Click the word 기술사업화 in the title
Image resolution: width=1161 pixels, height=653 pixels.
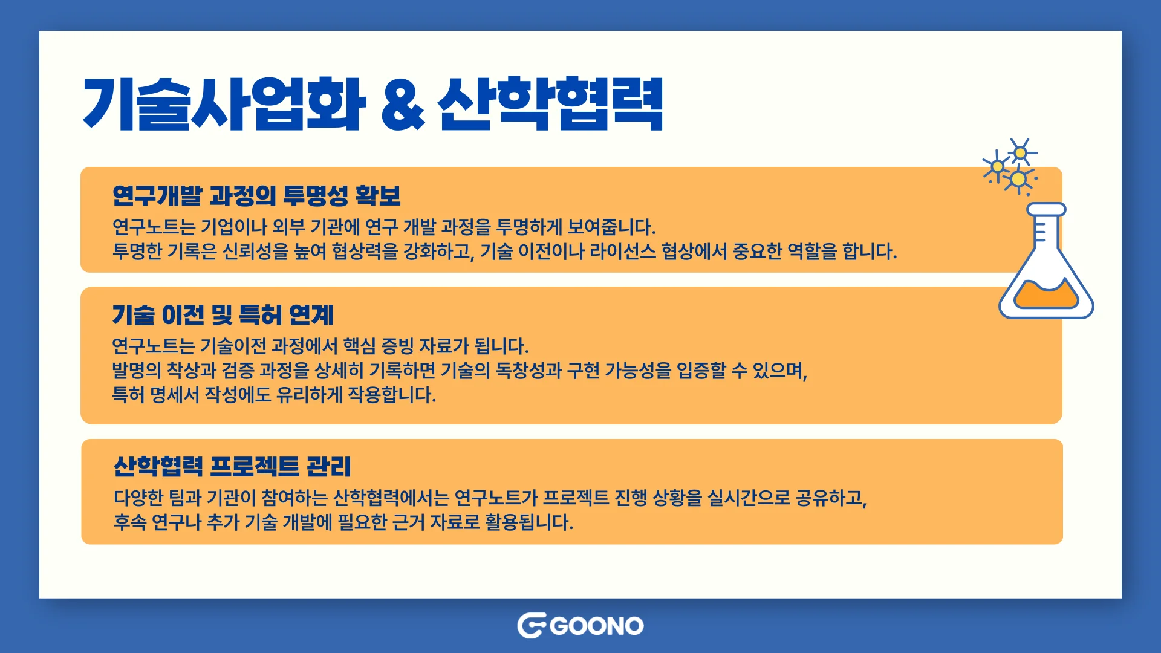pos(224,104)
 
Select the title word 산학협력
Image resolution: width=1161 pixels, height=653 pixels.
pos(550,104)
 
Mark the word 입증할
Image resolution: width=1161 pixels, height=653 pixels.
pos(701,370)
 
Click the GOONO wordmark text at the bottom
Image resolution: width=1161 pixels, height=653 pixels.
pos(597,626)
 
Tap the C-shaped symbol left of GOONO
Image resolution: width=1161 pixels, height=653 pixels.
pos(531,626)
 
